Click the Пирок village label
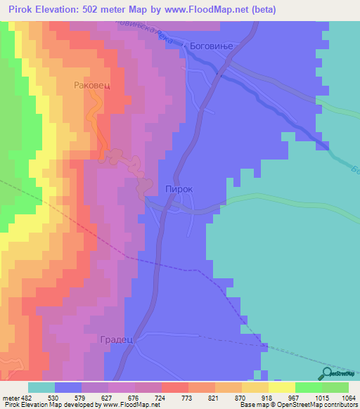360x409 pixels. point(179,189)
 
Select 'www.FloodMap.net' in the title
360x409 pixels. point(210,10)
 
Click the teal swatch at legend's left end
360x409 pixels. point(41,387)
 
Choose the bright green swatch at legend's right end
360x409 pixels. point(335,387)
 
